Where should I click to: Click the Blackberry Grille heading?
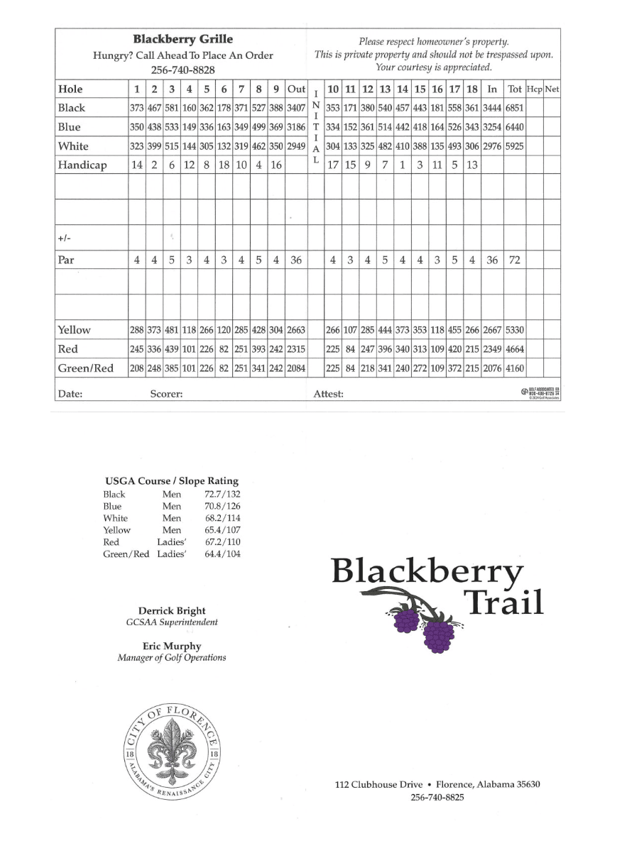pos(182,40)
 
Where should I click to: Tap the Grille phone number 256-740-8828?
pos(182,70)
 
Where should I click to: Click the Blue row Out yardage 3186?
pos(296,128)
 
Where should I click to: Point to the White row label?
pos(73,147)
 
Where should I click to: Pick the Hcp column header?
pos(534,89)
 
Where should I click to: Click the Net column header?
pos(552,89)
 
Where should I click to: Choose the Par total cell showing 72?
pos(514,260)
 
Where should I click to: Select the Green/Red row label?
pos(85,368)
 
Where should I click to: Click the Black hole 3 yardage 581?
pos(171,109)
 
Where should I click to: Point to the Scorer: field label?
pos(166,393)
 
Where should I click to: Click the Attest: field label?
pos(328,393)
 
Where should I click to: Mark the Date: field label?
pos(70,393)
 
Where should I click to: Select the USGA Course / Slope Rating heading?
pos(172,481)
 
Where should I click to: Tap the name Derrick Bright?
pos(172,611)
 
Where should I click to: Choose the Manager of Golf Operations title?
pos(172,658)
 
